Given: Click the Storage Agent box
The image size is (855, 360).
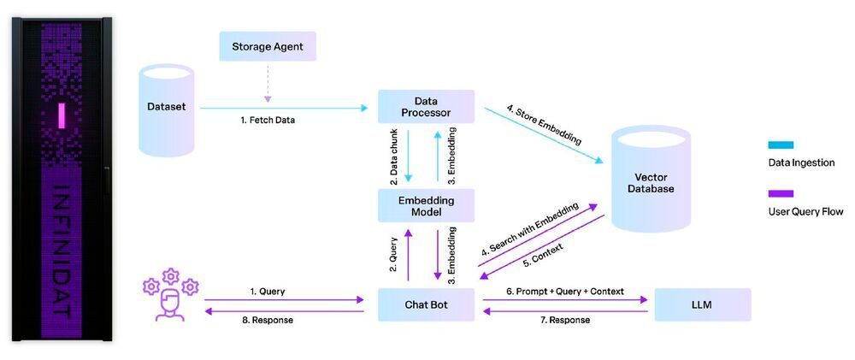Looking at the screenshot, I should (268, 46).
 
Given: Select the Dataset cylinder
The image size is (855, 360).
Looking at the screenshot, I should (167, 109).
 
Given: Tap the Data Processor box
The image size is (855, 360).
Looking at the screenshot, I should (426, 107).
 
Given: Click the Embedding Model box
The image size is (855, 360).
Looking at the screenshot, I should (426, 206).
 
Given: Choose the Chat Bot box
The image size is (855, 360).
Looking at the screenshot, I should (426, 304).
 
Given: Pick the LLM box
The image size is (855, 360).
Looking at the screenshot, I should (702, 304).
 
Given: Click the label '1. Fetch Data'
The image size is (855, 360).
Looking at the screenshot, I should (268, 121).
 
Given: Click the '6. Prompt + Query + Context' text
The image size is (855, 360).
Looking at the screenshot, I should (565, 291).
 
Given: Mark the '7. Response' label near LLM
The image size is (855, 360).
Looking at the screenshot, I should (565, 320).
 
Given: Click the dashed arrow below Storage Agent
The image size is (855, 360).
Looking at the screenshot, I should (268, 80).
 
